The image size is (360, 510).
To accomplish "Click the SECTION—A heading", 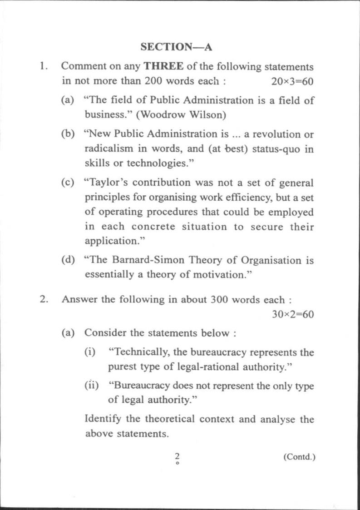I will pos(177,47).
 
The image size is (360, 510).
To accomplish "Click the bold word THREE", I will pos(163,66).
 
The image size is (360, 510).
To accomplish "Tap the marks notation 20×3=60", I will pos(292,81).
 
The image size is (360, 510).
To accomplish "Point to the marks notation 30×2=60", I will pos(292,314).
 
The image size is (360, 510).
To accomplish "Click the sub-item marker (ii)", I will pos(92,386).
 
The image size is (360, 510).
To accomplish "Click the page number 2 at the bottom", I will pos(178,456).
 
